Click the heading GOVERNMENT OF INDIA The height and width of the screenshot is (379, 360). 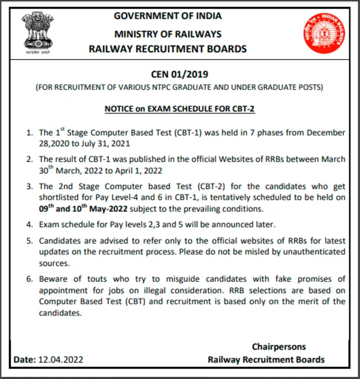168,16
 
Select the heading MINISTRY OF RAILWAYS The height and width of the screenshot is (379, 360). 168,34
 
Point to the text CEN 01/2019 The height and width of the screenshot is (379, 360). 179,75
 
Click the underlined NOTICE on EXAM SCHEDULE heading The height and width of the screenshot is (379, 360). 179,109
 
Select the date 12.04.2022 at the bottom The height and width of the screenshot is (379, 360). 61,359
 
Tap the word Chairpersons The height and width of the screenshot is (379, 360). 278,347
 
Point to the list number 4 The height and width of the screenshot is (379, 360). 30,225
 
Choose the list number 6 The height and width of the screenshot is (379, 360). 30,279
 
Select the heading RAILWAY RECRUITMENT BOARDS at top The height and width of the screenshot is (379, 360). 168,49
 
